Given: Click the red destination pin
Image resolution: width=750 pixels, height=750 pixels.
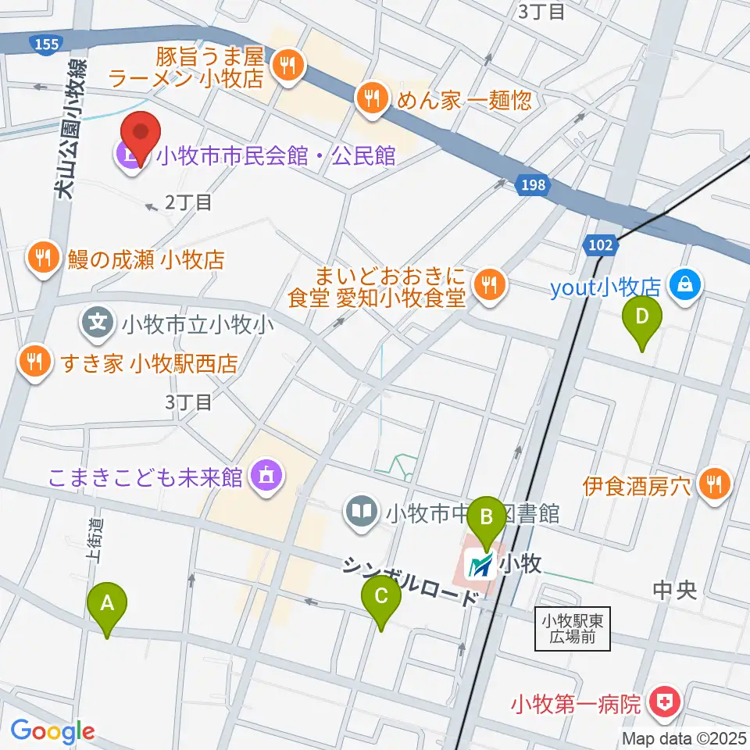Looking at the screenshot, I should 139,136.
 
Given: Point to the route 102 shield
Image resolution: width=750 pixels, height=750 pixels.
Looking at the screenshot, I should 601,245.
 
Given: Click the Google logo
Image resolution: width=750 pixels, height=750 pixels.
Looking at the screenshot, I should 52,731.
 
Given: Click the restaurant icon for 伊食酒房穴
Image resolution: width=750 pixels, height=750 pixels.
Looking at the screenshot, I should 714,484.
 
